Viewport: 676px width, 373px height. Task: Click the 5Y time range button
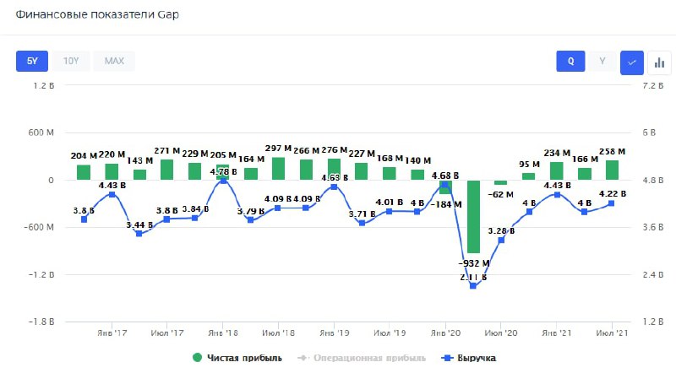[32, 61]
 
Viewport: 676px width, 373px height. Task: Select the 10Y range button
[71, 61]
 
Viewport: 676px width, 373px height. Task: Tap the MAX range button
[114, 61]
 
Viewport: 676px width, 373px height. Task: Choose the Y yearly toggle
[602, 61]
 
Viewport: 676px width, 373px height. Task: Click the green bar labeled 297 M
[278, 167]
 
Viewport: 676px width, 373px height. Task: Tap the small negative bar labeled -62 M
[501, 182]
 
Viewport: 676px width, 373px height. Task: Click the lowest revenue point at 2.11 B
[473, 286]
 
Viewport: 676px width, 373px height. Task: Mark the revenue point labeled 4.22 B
[611, 203]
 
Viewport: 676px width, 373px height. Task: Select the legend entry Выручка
[474, 358]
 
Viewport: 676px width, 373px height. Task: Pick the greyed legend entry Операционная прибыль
[364, 358]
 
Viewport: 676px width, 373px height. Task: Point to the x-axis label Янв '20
[445, 332]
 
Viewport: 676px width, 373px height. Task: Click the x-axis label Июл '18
[278, 332]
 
